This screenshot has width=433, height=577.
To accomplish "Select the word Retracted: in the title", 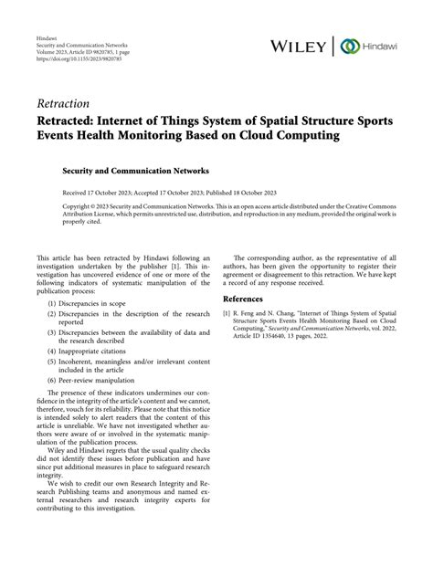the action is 72,121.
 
